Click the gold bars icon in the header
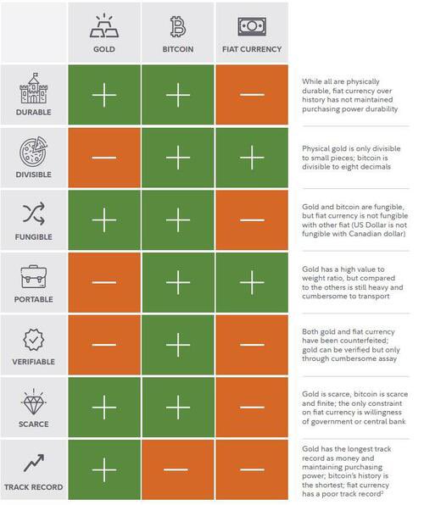click(104, 26)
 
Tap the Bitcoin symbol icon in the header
click(178, 26)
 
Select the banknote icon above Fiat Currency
click(252, 26)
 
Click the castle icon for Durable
click(33, 88)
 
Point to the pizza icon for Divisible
click(33, 151)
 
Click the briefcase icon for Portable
click(33, 276)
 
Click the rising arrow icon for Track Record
click(33, 463)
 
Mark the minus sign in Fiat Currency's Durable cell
click(252, 95)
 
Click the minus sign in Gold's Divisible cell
click(104, 158)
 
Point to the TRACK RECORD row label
click(33, 487)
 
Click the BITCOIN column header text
click(178, 49)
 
